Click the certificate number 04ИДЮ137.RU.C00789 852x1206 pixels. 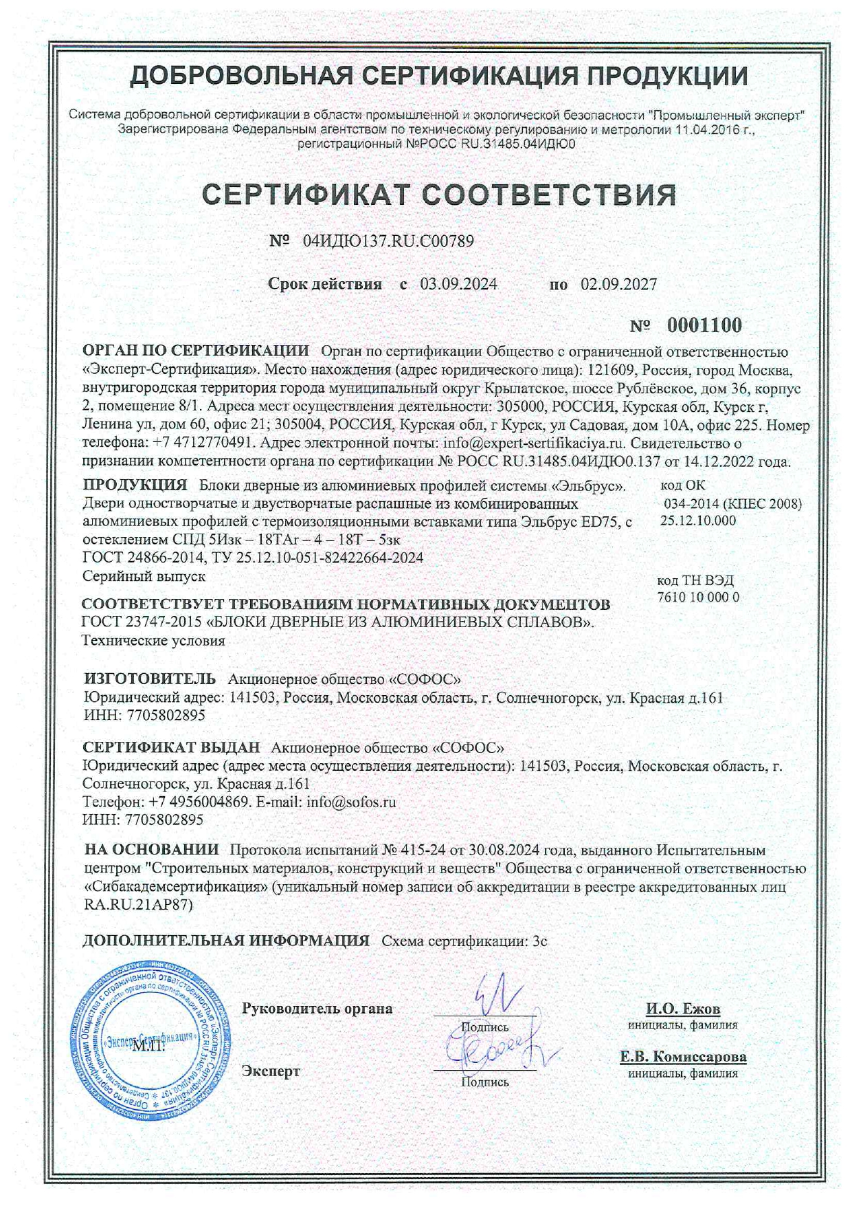click(388, 241)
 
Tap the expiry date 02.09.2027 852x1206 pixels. click(618, 284)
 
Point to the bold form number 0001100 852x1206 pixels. click(704, 325)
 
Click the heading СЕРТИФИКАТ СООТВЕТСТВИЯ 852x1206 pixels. click(440, 195)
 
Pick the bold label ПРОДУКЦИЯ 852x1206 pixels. click(135, 485)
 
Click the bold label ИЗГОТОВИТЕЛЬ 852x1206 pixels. click(149, 679)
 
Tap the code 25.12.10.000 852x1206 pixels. click(697, 520)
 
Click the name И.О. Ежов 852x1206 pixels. click(683, 1009)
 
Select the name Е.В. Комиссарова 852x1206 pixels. click(683, 1057)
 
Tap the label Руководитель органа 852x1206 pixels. click(317, 1009)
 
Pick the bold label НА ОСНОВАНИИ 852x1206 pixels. click(151, 851)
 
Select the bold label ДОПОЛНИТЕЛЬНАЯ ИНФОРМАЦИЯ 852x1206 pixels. click(225, 941)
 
